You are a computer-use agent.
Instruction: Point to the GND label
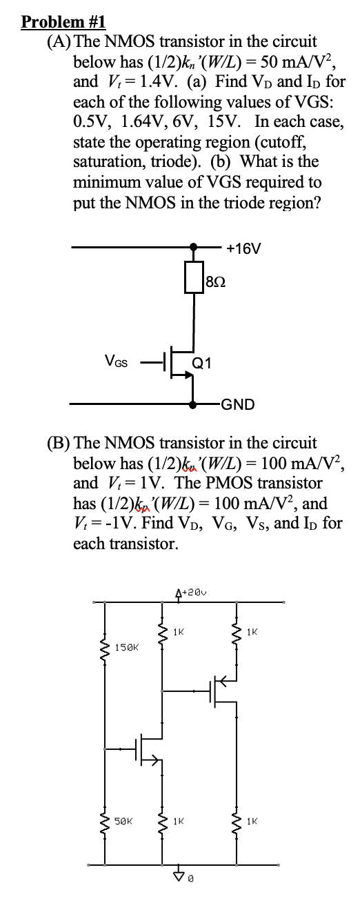tap(238, 404)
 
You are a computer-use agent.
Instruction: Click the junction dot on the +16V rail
tap(194, 246)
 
